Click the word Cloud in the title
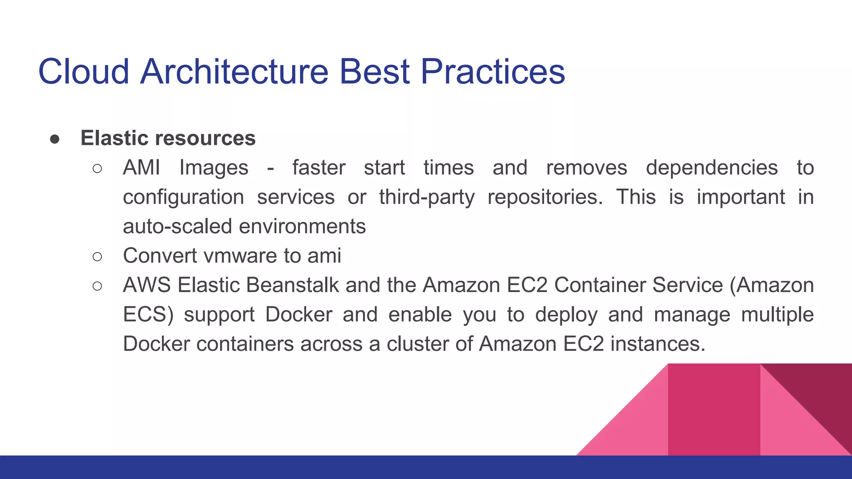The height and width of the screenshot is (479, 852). [83, 72]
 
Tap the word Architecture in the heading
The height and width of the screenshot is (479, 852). [234, 72]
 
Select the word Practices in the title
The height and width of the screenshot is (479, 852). [493, 72]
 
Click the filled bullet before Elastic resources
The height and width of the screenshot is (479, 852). [54, 139]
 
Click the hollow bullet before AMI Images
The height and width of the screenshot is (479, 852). [97, 168]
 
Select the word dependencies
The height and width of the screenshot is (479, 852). [711, 168]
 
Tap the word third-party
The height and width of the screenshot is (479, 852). [426, 197]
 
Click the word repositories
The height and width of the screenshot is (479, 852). [545, 197]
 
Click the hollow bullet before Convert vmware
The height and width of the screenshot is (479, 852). [97, 257]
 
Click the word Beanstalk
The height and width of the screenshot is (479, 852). [292, 285]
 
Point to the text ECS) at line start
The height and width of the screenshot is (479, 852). [148, 315]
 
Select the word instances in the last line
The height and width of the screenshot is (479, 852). [657, 344]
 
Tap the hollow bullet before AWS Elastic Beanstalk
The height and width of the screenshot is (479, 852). [97, 286]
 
